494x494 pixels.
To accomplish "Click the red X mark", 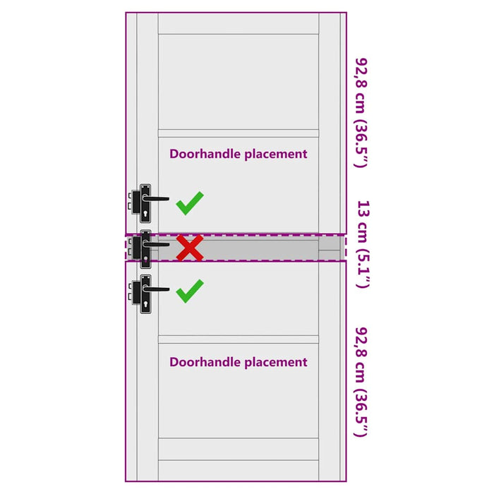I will click(189, 248).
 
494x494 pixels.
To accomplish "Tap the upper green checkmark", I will click(189, 203).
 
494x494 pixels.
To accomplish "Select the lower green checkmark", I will click(189, 290).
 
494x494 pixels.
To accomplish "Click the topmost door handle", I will click(146, 203).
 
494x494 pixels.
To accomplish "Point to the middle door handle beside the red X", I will click(146, 248).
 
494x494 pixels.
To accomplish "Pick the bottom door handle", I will click(146, 294).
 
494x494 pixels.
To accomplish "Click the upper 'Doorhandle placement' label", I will click(238, 153).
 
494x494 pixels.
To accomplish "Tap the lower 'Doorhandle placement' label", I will click(238, 362).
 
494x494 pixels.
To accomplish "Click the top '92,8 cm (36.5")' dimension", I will click(361, 113).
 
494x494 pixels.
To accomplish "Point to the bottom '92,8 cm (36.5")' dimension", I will click(361, 381).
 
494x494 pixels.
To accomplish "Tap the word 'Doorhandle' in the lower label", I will click(204, 362).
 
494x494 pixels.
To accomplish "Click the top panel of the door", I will click(239, 81).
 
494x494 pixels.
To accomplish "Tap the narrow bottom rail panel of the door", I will click(239, 449).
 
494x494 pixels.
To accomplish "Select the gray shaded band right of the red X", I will click(268, 248).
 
